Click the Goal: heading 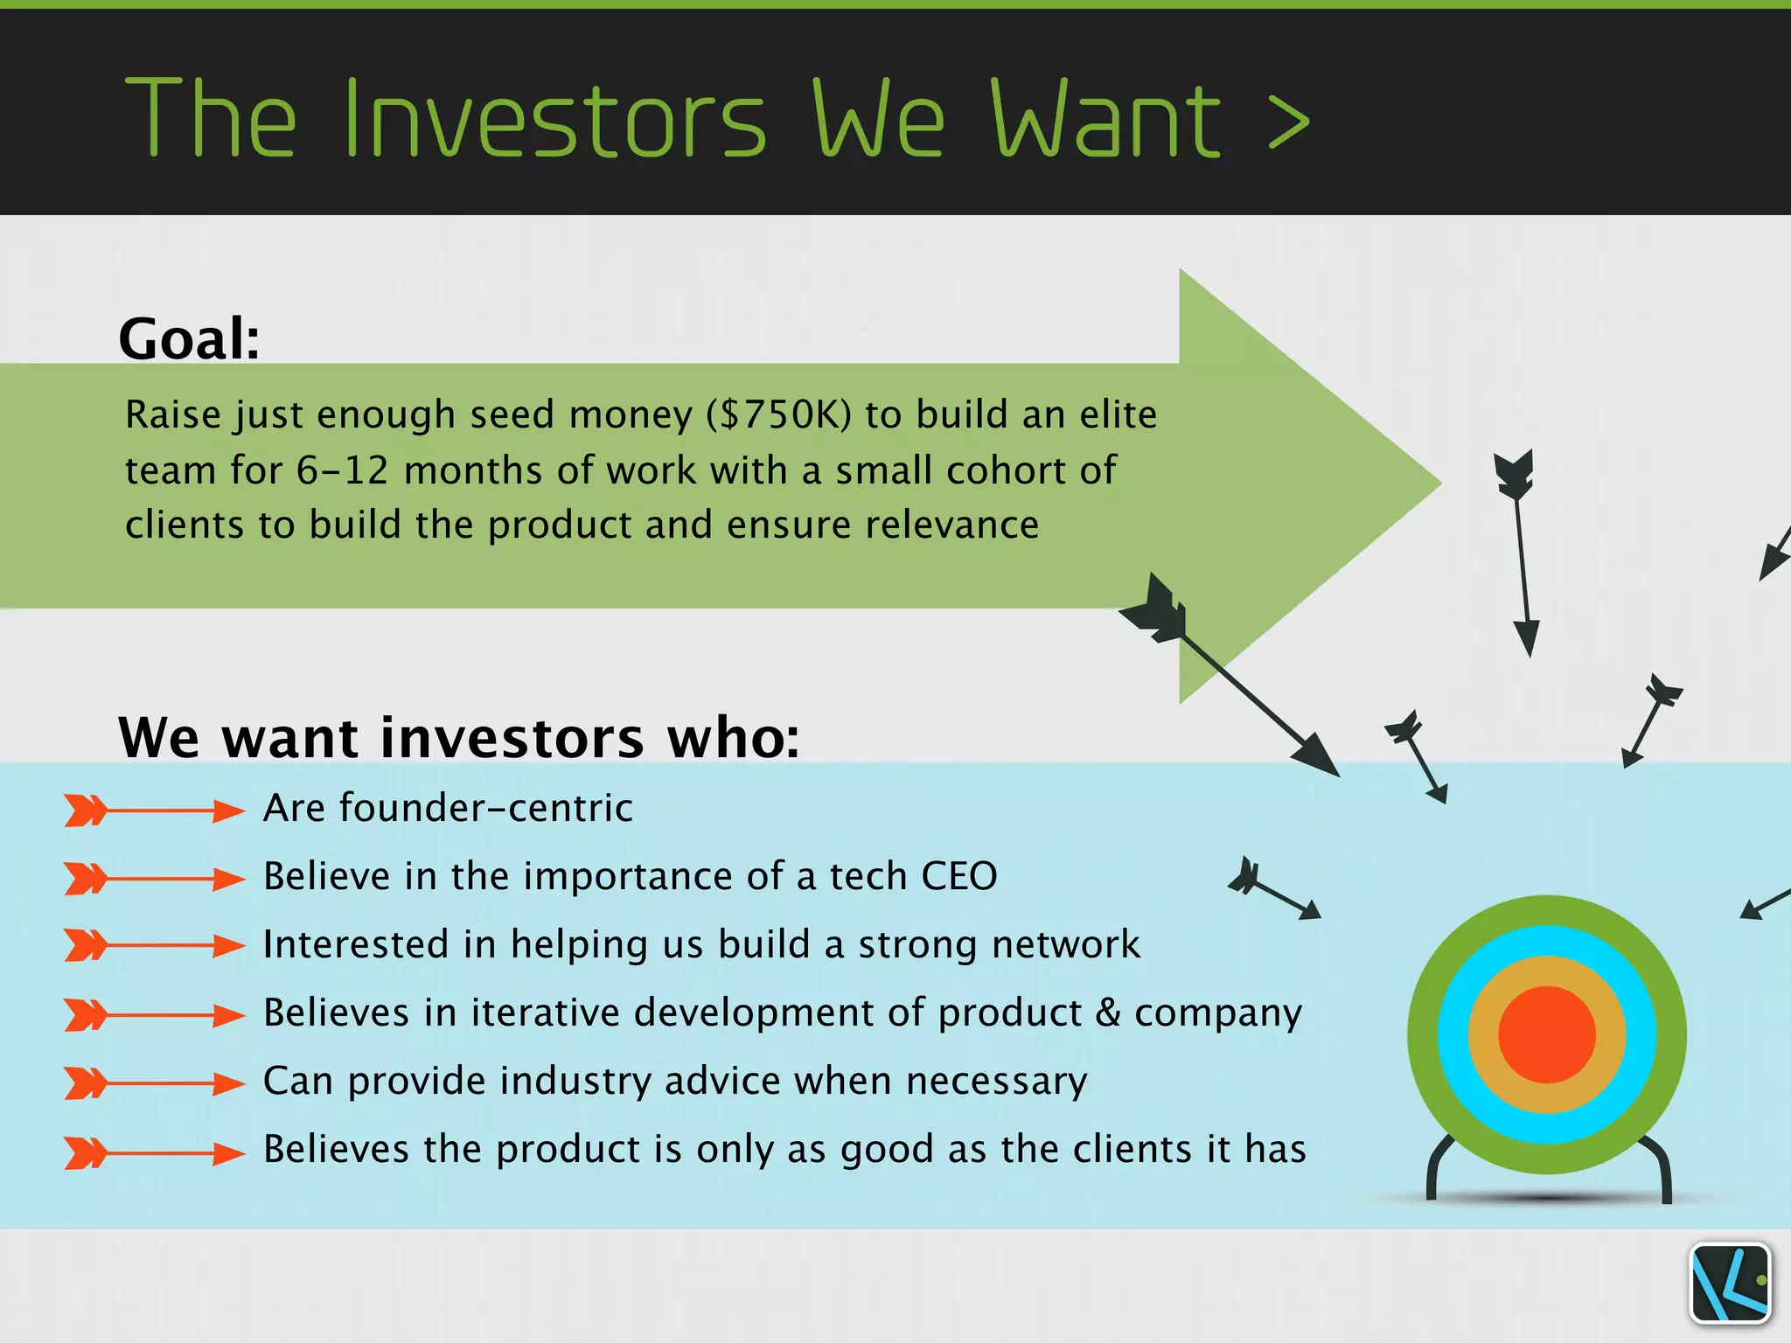point(189,338)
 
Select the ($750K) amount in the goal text point(778,415)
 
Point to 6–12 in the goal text point(342,470)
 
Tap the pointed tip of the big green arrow point(1434,482)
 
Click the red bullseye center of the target point(1546,1034)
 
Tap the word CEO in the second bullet point(958,876)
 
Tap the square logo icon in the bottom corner point(1730,1283)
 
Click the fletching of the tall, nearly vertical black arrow point(1514,476)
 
